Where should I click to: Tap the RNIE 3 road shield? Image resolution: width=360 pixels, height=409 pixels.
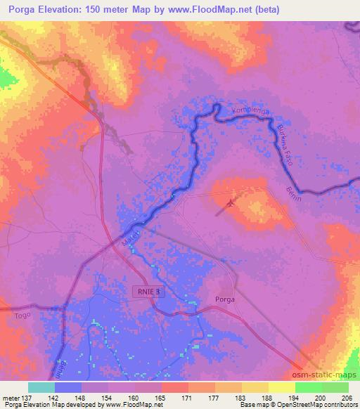coord(148,290)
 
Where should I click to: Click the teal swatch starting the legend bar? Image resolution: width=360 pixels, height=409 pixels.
coord(41,387)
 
